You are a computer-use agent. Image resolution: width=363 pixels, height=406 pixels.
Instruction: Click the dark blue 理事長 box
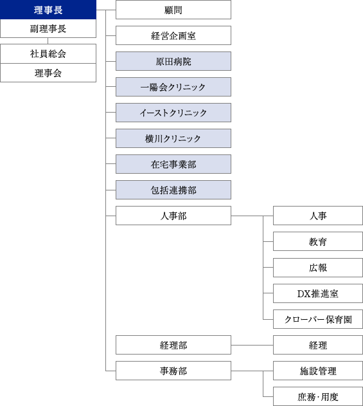click(48, 10)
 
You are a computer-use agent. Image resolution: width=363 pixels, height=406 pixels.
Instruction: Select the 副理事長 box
click(48, 28)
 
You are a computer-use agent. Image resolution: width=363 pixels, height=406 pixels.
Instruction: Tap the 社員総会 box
click(48, 54)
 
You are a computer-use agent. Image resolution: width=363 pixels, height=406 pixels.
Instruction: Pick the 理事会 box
click(48, 73)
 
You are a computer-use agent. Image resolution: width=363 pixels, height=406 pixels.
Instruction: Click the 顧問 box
click(173, 10)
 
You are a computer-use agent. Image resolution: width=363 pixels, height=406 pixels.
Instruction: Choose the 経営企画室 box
click(173, 35)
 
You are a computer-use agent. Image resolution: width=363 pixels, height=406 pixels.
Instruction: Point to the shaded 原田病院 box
click(173, 61)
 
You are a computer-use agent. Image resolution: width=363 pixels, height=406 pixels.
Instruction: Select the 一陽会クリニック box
click(173, 87)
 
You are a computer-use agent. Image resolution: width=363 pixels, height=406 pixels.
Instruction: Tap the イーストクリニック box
click(173, 113)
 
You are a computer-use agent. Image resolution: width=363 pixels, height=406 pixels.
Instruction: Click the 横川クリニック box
click(173, 138)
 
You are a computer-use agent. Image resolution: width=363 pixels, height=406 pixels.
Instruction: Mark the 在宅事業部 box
click(173, 164)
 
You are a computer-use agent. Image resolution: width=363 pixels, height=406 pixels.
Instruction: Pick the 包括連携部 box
click(173, 190)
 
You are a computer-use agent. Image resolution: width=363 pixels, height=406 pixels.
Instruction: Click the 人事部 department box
click(173, 216)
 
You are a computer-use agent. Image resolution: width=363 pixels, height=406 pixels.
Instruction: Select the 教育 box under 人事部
click(317, 241)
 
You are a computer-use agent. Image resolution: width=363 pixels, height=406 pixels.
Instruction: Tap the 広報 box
click(317, 267)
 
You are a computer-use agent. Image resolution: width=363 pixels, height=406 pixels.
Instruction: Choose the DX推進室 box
click(317, 293)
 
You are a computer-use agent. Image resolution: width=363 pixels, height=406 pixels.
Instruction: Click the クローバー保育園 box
click(317, 319)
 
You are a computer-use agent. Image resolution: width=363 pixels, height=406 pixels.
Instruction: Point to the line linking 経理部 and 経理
click(252, 346)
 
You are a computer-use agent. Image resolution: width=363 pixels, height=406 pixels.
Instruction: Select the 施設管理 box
click(317, 371)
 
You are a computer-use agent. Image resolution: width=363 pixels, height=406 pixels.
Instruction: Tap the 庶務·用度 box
click(317, 396)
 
